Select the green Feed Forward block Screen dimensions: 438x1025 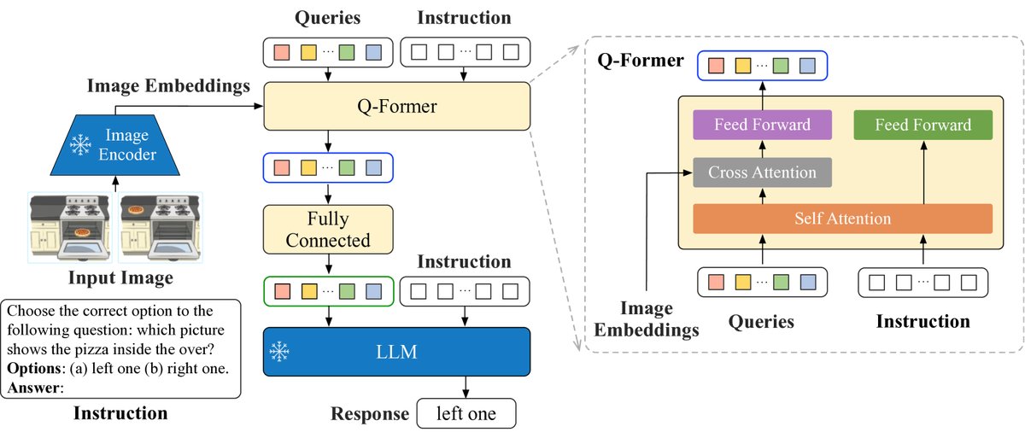pos(923,125)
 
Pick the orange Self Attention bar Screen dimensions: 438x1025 pos(841,219)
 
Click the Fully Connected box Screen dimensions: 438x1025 pos(328,230)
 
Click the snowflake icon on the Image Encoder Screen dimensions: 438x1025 pos(81,146)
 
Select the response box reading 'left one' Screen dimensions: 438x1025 pos(466,414)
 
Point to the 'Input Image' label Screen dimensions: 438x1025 pos(120,278)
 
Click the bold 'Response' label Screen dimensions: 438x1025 pos(370,414)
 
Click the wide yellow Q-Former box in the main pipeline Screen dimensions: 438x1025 pos(396,107)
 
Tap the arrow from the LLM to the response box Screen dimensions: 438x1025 pos(466,387)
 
